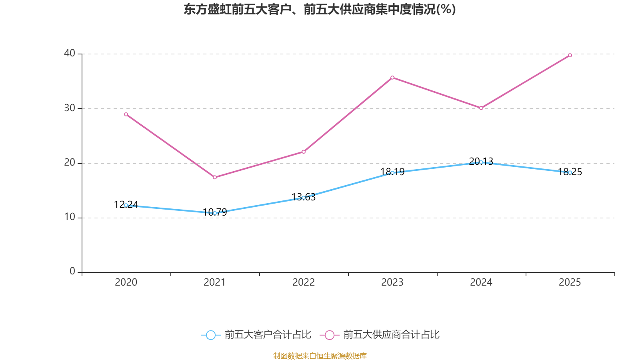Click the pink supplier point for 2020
pyautogui.click(x=126, y=114)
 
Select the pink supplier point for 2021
pyautogui.click(x=215, y=177)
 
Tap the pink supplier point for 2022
pyautogui.click(x=304, y=152)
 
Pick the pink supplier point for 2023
pyautogui.click(x=392, y=78)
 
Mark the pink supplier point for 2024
pyautogui.click(x=481, y=108)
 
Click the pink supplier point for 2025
pyautogui.click(x=570, y=55)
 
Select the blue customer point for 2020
pyautogui.click(x=126, y=205)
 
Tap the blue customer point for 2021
pyautogui.click(x=215, y=213)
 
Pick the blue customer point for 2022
pyautogui.click(x=304, y=198)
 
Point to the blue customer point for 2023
pyautogui.click(x=392, y=173)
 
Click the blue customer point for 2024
pyautogui.click(x=481, y=162)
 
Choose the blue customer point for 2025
pyautogui.click(x=570, y=172)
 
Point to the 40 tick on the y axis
pyautogui.click(x=70, y=53)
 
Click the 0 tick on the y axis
pyautogui.click(x=72, y=272)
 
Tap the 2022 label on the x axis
pyautogui.click(x=304, y=282)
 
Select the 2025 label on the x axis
pyautogui.click(x=570, y=282)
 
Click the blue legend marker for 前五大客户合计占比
pyautogui.click(x=210, y=335)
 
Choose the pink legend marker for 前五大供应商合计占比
pyautogui.click(x=329, y=335)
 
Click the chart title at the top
pyautogui.click(x=320, y=9)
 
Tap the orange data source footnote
pyautogui.click(x=320, y=356)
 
